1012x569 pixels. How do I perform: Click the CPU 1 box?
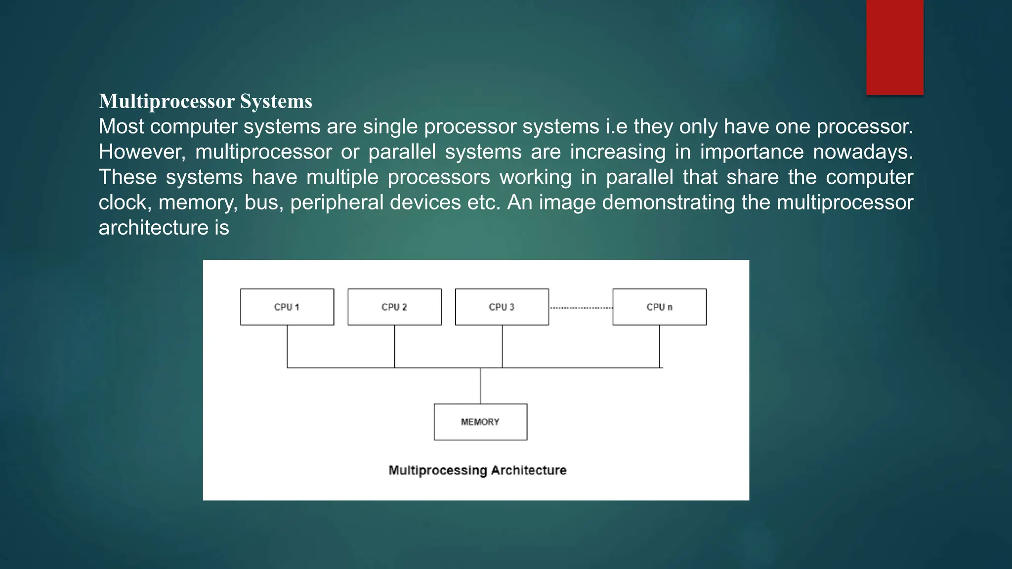(287, 307)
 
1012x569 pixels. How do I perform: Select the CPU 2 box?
(394, 307)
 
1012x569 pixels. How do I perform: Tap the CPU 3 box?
(502, 307)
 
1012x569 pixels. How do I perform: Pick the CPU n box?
(659, 307)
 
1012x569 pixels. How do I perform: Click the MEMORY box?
(480, 422)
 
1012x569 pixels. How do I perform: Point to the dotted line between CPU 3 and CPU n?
(581, 308)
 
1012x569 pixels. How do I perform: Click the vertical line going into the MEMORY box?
(481, 386)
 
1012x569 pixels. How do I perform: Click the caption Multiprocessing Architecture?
(477, 470)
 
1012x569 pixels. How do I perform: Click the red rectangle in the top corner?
(894, 47)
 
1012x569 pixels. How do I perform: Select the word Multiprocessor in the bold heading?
(167, 101)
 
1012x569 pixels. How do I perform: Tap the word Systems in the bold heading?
(276, 101)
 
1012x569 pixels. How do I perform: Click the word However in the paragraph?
(140, 152)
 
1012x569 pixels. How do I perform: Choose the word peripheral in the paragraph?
(337, 203)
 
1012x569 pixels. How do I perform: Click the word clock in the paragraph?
(124, 203)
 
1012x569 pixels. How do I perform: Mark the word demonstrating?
(669, 203)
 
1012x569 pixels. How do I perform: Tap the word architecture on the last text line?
(153, 228)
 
